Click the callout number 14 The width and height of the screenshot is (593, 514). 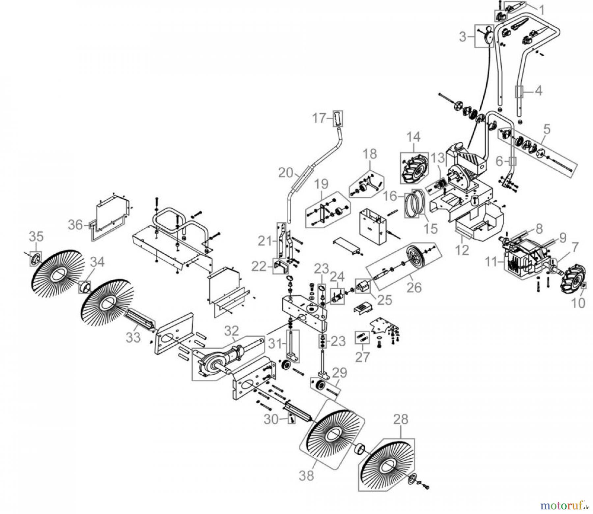click(x=413, y=137)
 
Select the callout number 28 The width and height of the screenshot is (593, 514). click(x=401, y=419)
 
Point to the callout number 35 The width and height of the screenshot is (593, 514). click(x=36, y=237)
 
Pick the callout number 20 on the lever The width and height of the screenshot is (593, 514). click(x=286, y=172)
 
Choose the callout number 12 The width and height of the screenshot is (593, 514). click(x=463, y=250)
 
